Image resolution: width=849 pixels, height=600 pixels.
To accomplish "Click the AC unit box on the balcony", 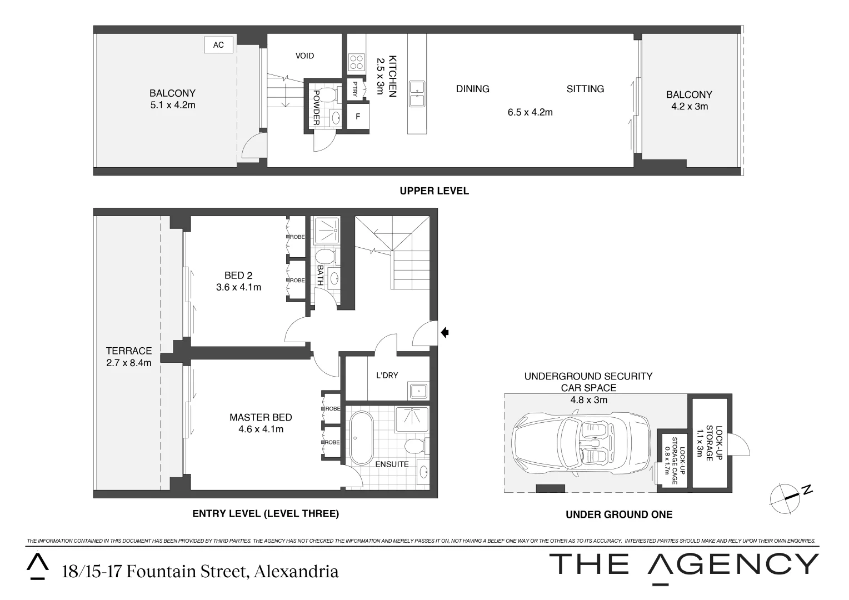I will (218, 44).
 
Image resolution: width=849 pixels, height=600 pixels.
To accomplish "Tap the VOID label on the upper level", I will (304, 56).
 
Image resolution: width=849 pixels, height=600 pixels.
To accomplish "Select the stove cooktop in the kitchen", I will (356, 62).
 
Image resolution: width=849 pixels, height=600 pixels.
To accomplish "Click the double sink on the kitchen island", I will (417, 93).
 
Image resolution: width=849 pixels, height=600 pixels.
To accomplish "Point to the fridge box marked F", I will (358, 117).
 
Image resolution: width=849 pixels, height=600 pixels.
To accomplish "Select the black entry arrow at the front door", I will (445, 333).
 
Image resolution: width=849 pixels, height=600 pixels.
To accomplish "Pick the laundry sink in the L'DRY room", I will (418, 391).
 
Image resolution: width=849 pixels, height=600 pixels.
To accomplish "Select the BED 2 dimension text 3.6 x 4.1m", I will (238, 287).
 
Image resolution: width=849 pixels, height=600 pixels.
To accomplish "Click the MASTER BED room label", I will (261, 417).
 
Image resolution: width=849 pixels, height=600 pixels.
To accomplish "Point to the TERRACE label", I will (129, 351).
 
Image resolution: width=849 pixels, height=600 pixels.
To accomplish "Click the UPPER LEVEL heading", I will (434, 191).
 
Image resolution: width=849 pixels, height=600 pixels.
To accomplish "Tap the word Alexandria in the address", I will (296, 572).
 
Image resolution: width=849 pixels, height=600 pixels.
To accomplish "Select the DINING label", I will (472, 89).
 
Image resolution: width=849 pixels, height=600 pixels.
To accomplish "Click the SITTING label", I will (585, 89).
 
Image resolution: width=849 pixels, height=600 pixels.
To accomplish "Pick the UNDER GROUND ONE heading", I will (618, 514).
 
